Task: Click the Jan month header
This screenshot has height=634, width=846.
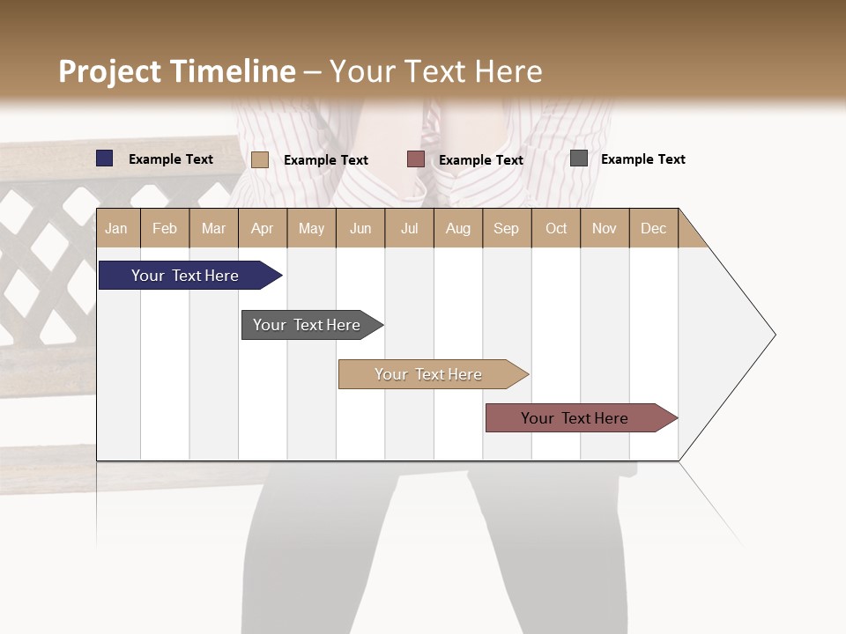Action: click(x=116, y=228)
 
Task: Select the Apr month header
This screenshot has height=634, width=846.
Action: click(x=262, y=228)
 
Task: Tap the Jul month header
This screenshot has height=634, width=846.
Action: click(x=409, y=228)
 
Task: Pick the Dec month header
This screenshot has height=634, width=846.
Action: click(x=653, y=228)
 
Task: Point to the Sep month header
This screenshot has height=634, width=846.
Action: click(x=506, y=228)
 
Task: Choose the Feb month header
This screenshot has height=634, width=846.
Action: click(x=165, y=228)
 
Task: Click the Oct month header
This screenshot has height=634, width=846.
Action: click(x=556, y=228)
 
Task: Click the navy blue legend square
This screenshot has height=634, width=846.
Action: click(x=104, y=158)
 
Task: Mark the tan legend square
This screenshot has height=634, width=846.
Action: click(x=259, y=159)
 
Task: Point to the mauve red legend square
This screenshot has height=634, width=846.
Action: click(x=415, y=159)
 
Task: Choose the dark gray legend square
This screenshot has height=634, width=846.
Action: click(x=579, y=158)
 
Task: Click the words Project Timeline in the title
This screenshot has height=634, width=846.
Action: click(x=177, y=71)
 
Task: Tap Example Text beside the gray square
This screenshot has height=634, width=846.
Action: click(x=642, y=159)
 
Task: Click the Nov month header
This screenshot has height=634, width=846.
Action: click(x=605, y=228)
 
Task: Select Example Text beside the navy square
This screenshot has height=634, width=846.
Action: click(x=170, y=159)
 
